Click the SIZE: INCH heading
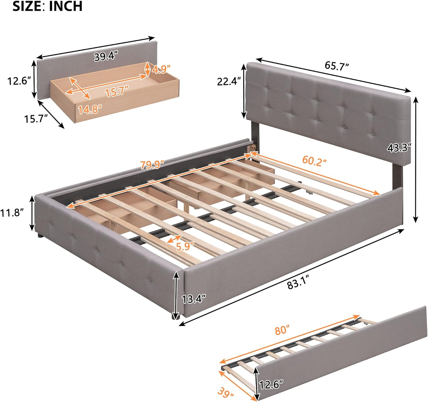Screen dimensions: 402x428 [x=47, y=6]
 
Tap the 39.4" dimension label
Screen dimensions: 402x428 [x=106, y=57]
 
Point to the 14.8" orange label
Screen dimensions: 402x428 [x=90, y=109]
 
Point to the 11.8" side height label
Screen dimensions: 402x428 [x=12, y=212]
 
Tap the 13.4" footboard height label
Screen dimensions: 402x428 [x=194, y=299]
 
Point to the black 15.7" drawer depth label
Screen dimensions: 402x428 [x=35, y=118]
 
